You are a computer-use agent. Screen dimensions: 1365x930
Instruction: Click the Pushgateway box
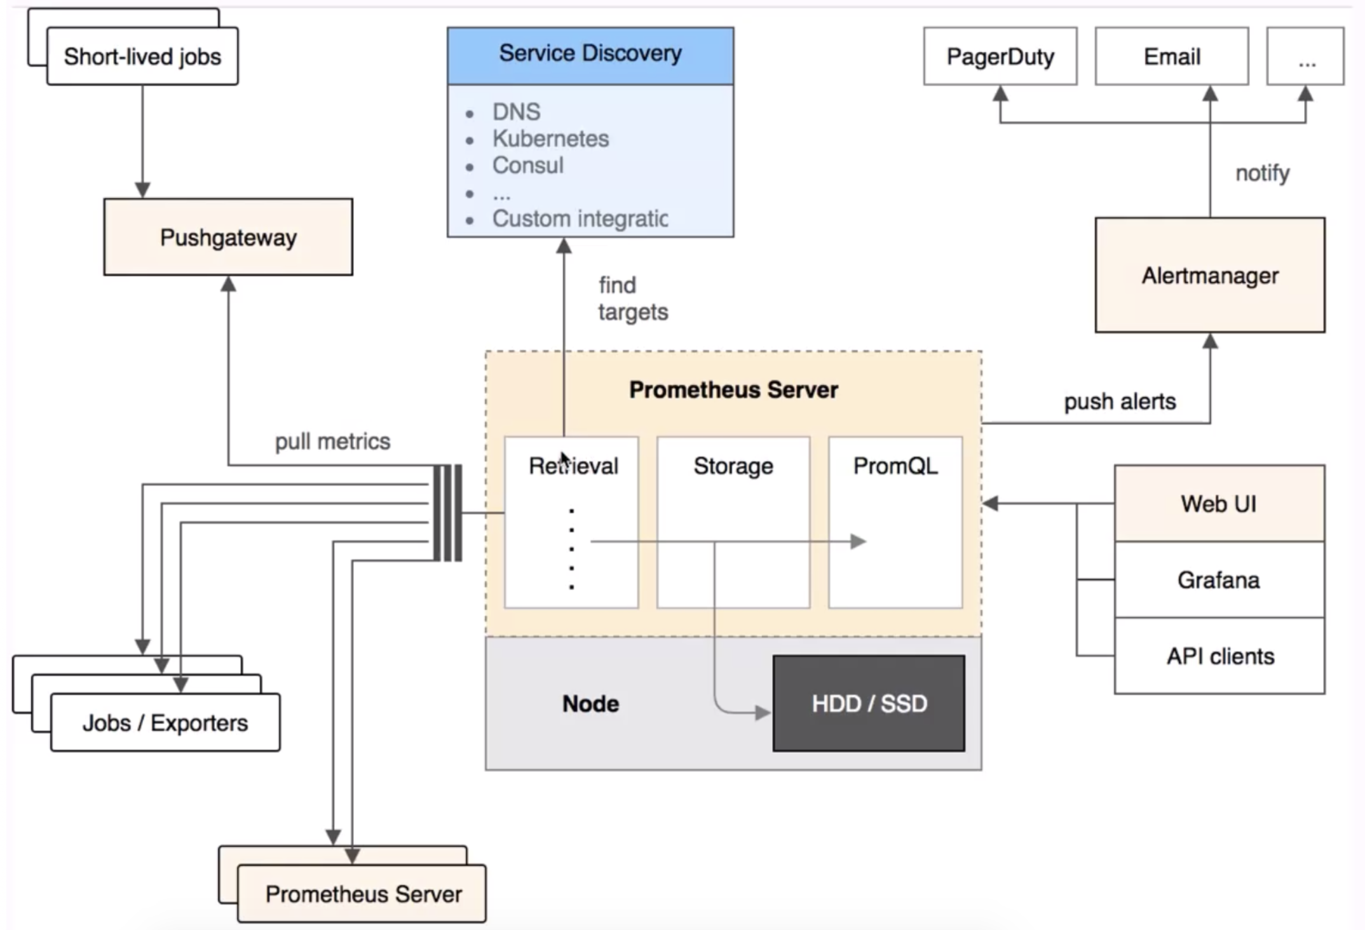click(x=228, y=237)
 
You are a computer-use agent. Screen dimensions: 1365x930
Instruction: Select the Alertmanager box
click(x=1210, y=275)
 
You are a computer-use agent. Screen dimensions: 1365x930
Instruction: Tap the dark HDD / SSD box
click(x=869, y=703)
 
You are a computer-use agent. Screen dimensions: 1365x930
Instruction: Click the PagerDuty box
click(x=1000, y=56)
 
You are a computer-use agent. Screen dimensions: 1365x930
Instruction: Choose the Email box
click(x=1172, y=56)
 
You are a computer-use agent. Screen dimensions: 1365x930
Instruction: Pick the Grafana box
click(x=1219, y=579)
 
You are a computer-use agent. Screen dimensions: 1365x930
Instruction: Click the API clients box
click(x=1219, y=656)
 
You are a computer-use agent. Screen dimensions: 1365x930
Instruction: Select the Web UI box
click(x=1219, y=503)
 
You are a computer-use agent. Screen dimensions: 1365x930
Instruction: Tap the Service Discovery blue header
click(x=590, y=56)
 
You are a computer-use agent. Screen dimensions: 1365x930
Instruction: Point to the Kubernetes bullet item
click(x=550, y=138)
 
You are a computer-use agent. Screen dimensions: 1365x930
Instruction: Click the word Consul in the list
click(x=527, y=165)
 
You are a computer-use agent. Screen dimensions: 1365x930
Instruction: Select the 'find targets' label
click(x=633, y=299)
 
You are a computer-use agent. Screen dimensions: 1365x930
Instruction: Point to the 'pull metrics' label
click(x=332, y=441)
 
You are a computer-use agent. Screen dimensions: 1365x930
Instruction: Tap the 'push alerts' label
click(x=1120, y=401)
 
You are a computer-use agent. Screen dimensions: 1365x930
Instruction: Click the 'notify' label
click(x=1262, y=173)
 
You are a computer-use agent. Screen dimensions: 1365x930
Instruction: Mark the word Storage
click(x=733, y=466)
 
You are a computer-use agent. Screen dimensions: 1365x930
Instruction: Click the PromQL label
click(x=895, y=466)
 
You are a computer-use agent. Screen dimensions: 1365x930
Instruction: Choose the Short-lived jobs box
click(x=142, y=56)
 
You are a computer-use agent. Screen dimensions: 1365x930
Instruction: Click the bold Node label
click(x=590, y=703)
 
